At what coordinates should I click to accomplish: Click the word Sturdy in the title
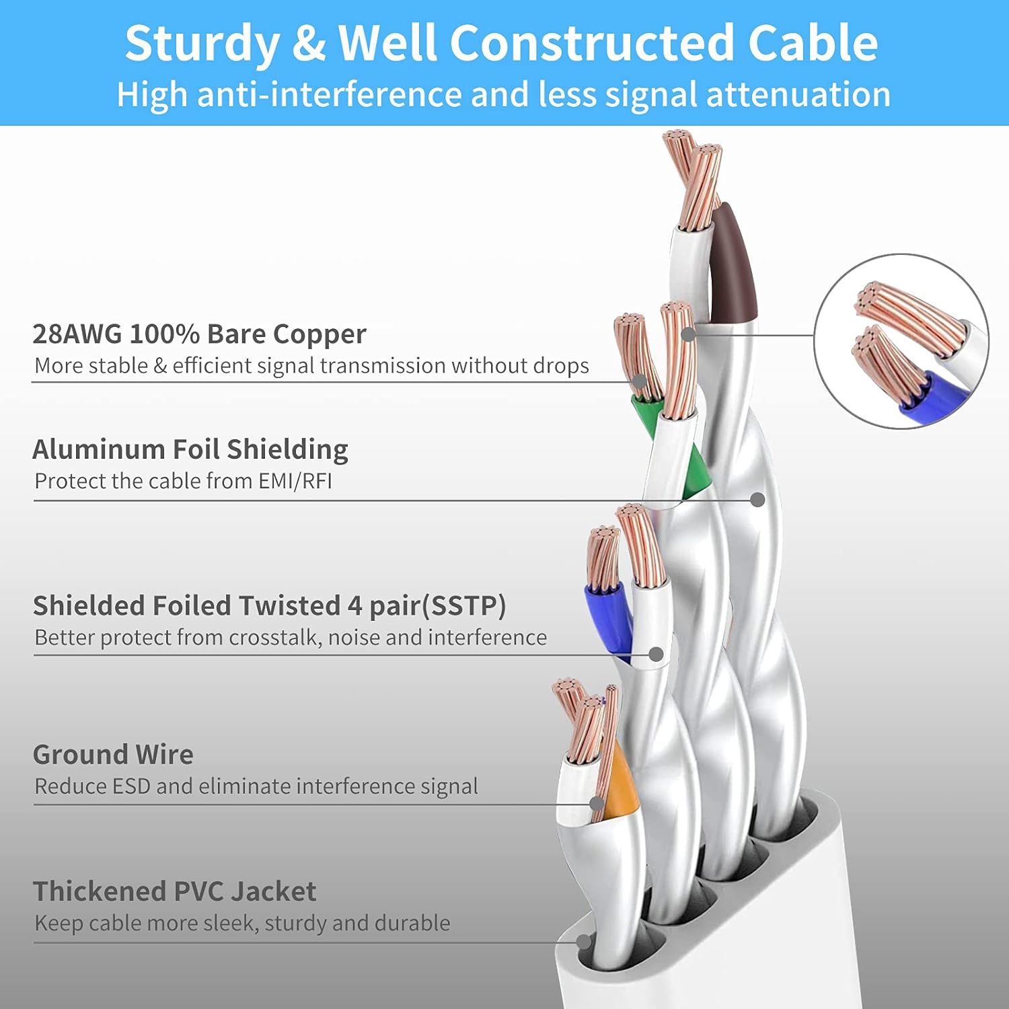click(x=202, y=44)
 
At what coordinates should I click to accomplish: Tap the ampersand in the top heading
click(x=310, y=44)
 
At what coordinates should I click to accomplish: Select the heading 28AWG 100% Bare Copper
click(x=199, y=334)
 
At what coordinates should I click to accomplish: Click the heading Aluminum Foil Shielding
click(x=190, y=449)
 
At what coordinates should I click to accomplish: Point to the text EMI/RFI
click(x=295, y=482)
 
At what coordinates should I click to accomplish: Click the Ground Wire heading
click(x=113, y=755)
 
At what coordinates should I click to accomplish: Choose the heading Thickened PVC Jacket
click(x=174, y=891)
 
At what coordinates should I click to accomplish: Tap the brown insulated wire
click(x=733, y=269)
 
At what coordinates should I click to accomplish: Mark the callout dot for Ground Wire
click(x=596, y=803)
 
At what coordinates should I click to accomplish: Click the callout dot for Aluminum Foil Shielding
click(x=758, y=500)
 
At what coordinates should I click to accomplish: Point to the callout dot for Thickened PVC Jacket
click(x=584, y=942)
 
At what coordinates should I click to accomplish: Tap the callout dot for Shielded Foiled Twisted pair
click(x=657, y=654)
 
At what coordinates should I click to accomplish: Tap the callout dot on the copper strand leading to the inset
click(x=687, y=334)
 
